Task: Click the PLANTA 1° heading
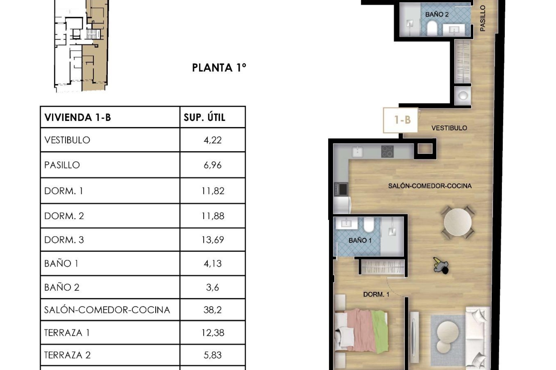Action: pos(219,68)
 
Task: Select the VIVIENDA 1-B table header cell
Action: pos(78,117)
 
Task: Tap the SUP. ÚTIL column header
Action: pos(204,117)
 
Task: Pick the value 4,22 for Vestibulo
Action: pos(212,140)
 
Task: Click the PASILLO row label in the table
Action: pos(62,165)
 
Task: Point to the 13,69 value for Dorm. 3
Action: pos(212,240)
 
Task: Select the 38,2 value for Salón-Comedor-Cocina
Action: pos(212,310)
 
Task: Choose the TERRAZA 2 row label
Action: pos(67,355)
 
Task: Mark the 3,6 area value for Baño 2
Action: pos(212,287)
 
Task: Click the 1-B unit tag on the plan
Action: pos(402,120)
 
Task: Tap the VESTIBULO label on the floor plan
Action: pos(449,128)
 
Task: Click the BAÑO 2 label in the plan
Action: pos(437,14)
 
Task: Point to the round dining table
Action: pos(458,222)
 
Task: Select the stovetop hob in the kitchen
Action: pos(387,151)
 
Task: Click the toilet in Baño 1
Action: pos(369,225)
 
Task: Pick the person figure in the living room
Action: pos(441,265)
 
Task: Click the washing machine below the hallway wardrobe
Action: pos(462,96)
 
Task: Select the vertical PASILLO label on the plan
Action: pos(482,18)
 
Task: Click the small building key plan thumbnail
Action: pos(81,46)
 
